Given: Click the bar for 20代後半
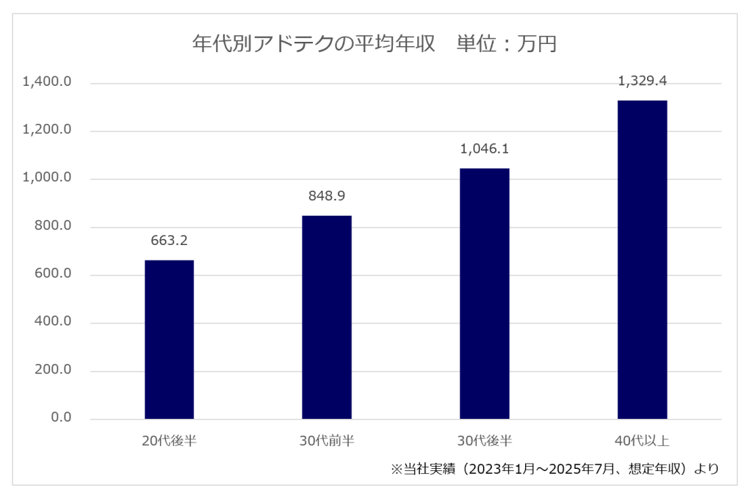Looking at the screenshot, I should (169, 340).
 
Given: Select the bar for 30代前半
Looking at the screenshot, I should (327, 317).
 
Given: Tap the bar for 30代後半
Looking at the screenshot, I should (484, 293).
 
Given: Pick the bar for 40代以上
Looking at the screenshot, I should (642, 260).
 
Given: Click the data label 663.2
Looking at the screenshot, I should (169, 240).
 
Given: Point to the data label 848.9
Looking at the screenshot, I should (327, 196).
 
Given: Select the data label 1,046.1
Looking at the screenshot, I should (484, 149).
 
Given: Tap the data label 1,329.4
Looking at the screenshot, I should (642, 81).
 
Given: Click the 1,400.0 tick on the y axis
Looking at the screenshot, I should (47, 82).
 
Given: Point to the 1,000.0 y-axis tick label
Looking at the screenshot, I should (47, 178).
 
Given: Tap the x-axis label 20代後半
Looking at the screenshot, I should (169, 441).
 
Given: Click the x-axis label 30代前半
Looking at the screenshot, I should (327, 441).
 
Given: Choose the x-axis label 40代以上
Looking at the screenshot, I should (642, 441).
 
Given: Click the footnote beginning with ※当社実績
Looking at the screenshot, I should (554, 468).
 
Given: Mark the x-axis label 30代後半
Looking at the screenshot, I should (484, 441).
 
